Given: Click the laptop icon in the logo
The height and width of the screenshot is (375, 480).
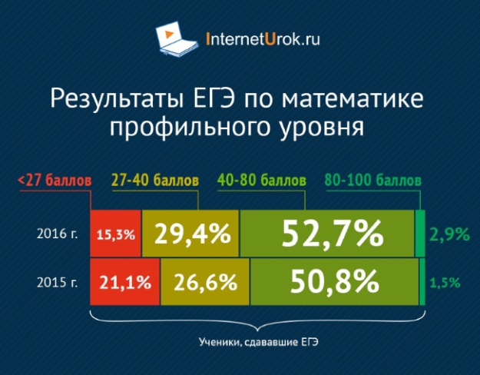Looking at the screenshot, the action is point(177,39).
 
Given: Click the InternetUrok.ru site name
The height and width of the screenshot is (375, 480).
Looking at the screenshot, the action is point(263,39).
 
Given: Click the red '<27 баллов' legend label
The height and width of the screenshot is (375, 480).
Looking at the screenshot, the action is point(55,181).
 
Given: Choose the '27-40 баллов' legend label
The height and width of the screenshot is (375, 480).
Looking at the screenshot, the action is point(155,180).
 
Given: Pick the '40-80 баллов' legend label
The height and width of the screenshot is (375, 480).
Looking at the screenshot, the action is point(262,180).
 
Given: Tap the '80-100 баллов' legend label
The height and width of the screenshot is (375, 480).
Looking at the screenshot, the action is point(373,180).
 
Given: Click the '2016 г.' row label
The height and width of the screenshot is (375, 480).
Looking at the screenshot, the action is point(58,234).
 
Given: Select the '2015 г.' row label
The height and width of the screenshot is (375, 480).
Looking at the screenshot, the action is point(58,282).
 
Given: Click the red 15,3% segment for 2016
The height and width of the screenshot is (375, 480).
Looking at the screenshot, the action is point(116,234).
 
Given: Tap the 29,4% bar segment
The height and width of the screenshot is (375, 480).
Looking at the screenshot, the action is point(190,234).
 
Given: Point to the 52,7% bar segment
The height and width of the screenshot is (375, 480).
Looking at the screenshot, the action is point(327,234).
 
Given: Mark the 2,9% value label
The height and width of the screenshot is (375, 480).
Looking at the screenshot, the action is point(449,234).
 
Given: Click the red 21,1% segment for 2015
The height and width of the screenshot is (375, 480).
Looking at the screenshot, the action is point(125,282).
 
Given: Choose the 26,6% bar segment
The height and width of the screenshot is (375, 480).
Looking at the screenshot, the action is point(205,282).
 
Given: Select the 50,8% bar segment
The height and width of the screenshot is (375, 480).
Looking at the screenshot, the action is point(334,282).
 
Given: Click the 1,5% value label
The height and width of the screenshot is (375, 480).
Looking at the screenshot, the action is point(445,283).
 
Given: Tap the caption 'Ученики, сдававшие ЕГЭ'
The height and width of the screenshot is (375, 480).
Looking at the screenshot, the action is point(259,342).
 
